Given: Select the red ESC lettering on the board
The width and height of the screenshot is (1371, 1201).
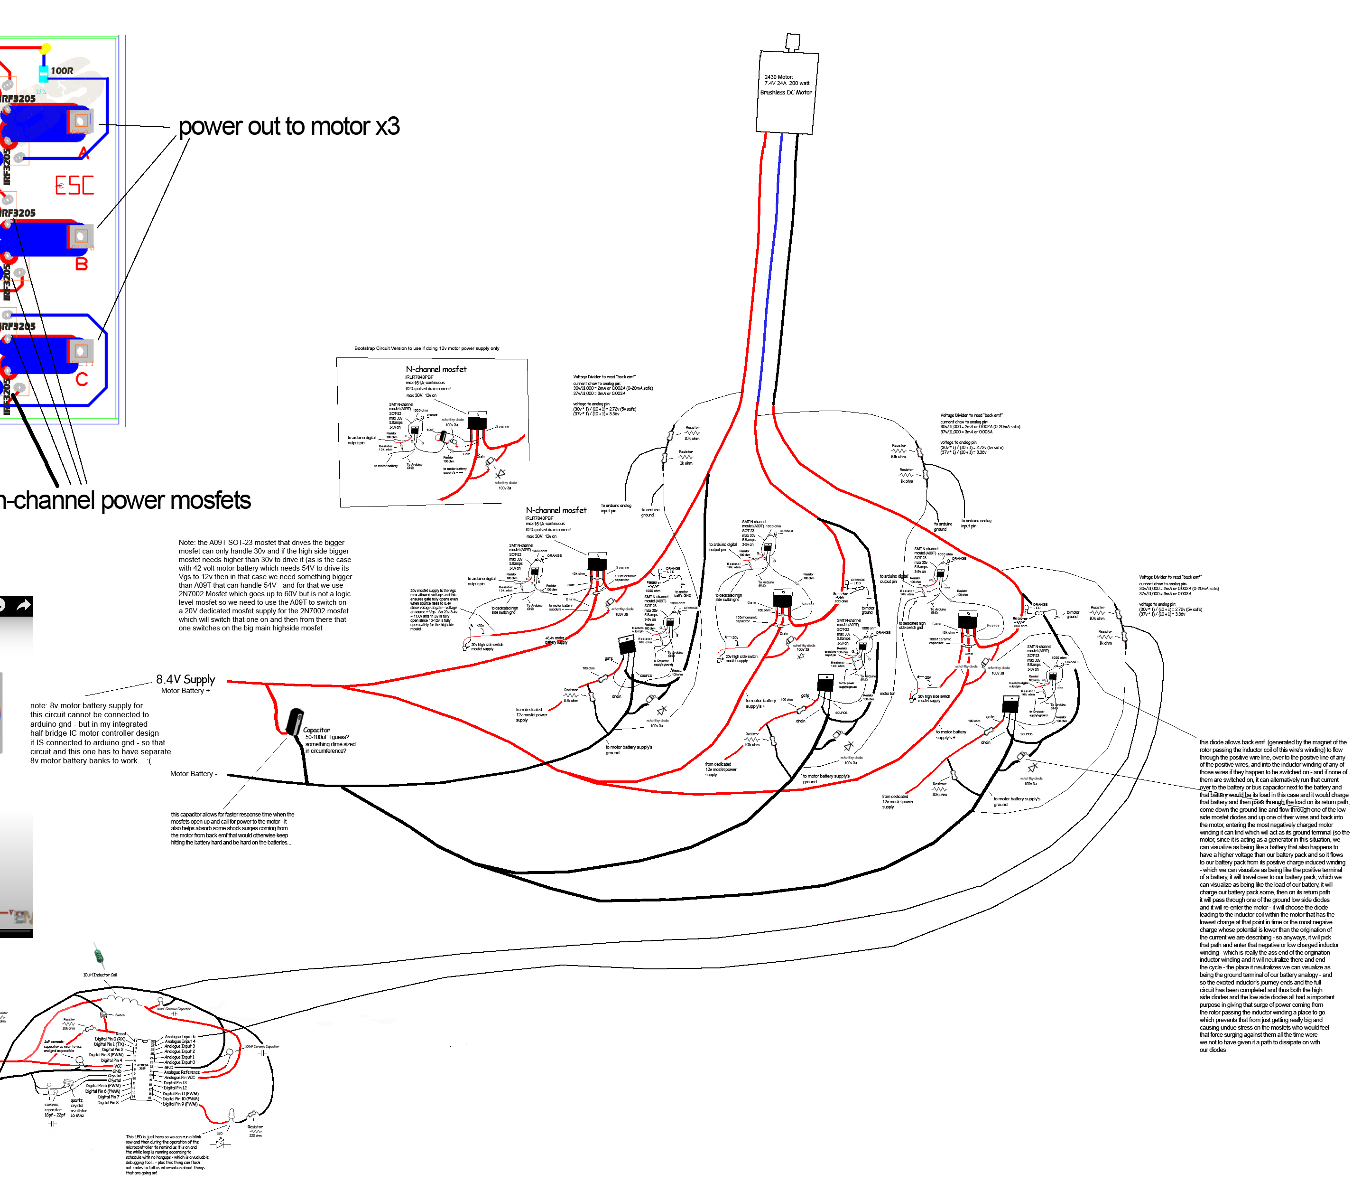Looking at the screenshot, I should click(74, 186).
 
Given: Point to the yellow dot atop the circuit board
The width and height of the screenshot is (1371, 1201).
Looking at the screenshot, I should click(46, 48).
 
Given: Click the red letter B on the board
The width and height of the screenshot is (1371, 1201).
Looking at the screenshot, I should click(82, 264).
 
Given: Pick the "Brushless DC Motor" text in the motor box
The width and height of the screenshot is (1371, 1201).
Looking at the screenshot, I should click(786, 93).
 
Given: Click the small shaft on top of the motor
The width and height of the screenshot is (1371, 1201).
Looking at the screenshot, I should click(792, 42).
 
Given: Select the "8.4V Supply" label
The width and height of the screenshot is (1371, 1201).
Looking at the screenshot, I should click(185, 679).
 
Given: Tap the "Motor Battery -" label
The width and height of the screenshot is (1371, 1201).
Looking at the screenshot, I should click(194, 773).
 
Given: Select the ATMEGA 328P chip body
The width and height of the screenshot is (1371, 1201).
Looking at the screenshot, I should click(142, 1070).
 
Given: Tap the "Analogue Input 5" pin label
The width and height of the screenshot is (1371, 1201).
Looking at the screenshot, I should click(179, 1037).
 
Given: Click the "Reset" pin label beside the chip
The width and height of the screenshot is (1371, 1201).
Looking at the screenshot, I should click(120, 1034).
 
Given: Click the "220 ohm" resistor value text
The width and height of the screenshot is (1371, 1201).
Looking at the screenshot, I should click(255, 1135).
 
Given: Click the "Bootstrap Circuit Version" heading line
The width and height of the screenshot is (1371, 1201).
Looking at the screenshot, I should click(426, 348).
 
